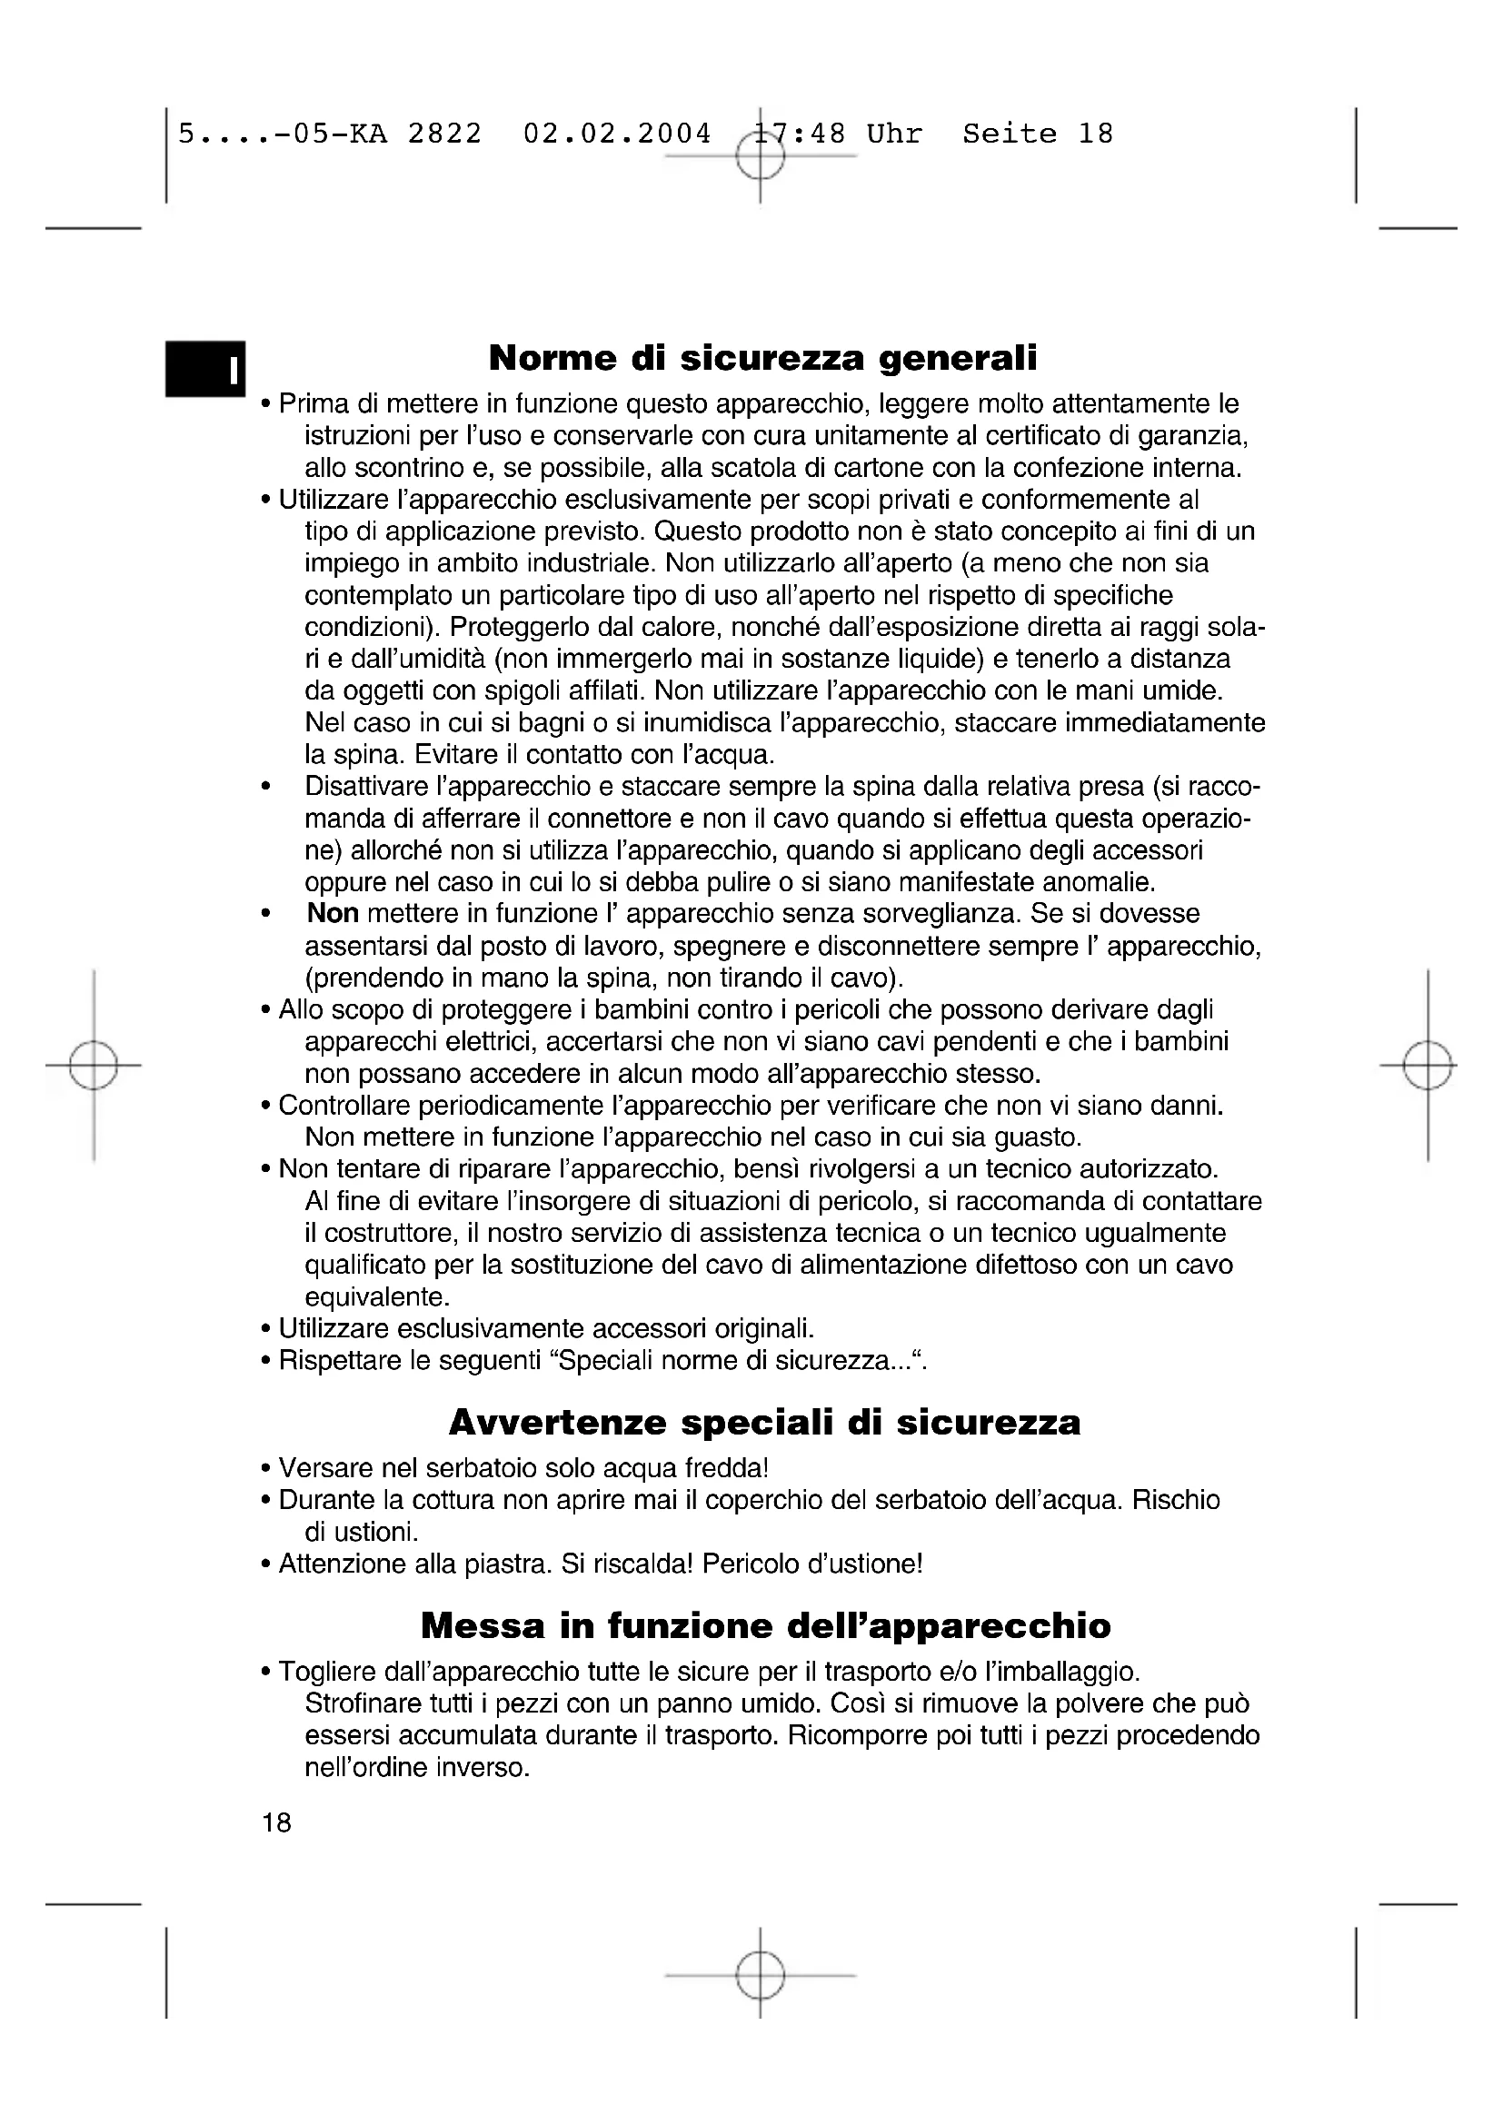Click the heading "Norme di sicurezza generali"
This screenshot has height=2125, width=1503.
(x=762, y=357)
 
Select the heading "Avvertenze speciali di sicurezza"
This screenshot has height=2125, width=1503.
(x=764, y=1422)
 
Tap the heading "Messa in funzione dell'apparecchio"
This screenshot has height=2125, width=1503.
(x=765, y=1625)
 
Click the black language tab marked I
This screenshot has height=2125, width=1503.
(x=205, y=369)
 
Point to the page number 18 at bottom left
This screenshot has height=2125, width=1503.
(x=277, y=1822)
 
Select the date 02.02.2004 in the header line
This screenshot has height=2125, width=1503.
(x=617, y=134)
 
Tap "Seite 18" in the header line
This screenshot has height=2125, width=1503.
(x=1038, y=134)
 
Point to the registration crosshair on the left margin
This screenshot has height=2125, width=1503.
(x=94, y=1066)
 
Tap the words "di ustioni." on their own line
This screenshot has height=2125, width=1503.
(x=362, y=1532)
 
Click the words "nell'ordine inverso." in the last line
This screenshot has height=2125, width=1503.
(x=417, y=1767)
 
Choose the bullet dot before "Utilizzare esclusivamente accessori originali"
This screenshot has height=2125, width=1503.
(x=266, y=1330)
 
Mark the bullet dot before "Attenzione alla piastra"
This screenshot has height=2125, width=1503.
(x=266, y=1565)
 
